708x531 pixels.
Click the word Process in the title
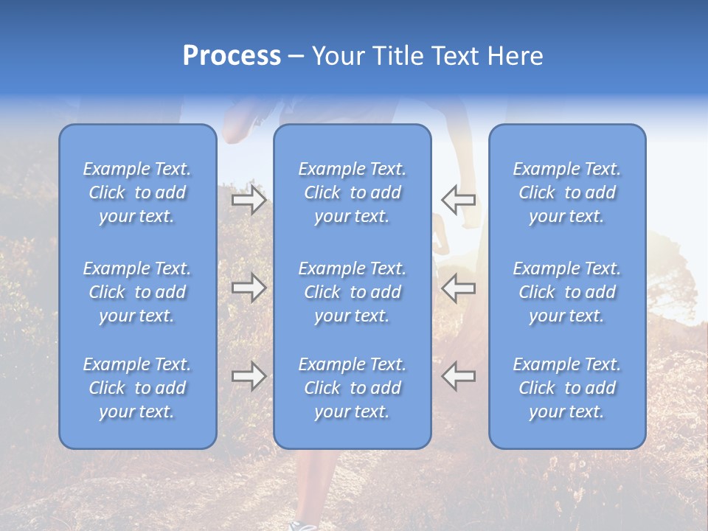pyautogui.click(x=232, y=56)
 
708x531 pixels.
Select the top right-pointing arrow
pyautogui.click(x=249, y=199)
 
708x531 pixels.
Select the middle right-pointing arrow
pyautogui.click(x=249, y=288)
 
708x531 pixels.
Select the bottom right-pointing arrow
pyautogui.click(x=249, y=376)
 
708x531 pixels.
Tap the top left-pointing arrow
pyautogui.click(x=458, y=199)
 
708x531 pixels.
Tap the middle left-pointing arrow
pyautogui.click(x=458, y=288)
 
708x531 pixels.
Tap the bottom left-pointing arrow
pyautogui.click(x=458, y=376)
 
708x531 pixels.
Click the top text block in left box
pyautogui.click(x=137, y=192)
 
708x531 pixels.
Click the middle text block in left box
pyautogui.click(x=137, y=292)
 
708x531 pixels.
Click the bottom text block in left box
pyautogui.click(x=137, y=388)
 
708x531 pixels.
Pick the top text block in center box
pyautogui.click(x=352, y=192)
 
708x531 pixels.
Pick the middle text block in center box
pyautogui.click(x=352, y=292)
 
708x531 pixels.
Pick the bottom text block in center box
pyautogui.click(x=352, y=388)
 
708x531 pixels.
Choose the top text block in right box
pyautogui.click(x=566, y=192)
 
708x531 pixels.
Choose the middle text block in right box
pyautogui.click(x=566, y=292)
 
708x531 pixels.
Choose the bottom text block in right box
pyautogui.click(x=566, y=388)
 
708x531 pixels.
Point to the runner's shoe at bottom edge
pyautogui.click(x=302, y=525)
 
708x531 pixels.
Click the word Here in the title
pyautogui.click(x=516, y=56)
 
